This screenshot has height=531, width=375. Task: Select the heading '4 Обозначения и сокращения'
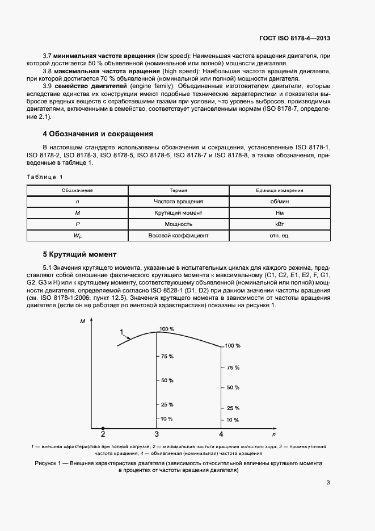point(98,134)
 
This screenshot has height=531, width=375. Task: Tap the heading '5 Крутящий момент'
point(80,253)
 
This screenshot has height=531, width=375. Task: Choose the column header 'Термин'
point(179,191)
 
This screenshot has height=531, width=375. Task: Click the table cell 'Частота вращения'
point(179,202)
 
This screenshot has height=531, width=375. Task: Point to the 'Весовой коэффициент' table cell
point(179,235)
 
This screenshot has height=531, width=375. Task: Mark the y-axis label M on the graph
point(83,322)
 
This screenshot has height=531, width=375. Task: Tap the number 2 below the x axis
point(103,434)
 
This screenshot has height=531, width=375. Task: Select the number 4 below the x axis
point(221,434)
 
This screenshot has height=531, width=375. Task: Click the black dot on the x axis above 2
point(103,428)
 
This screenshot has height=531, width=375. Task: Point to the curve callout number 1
point(121,331)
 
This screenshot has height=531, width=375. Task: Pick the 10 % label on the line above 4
point(233,420)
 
